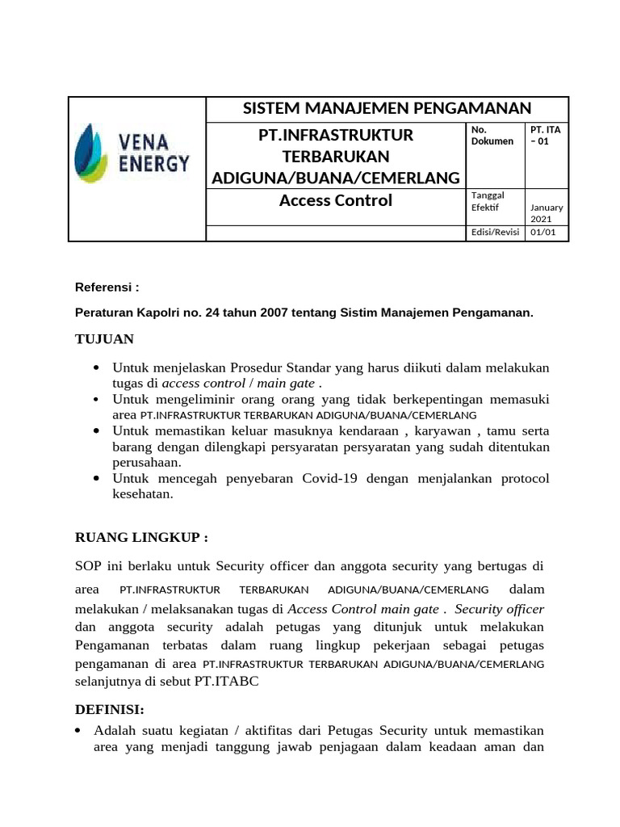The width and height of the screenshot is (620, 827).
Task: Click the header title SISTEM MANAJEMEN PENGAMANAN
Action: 387,108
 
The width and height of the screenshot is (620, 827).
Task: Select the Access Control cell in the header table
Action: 335,200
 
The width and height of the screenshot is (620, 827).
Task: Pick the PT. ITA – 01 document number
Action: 546,135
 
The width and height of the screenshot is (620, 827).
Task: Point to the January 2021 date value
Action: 546,213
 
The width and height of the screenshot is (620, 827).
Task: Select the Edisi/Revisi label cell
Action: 495,233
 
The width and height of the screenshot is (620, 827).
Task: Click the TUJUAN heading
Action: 104,338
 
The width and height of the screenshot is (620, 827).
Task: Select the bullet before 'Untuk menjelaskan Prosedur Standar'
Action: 97,368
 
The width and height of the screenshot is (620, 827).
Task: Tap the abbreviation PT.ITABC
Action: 224,681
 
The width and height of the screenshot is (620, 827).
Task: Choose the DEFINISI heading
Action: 109,709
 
